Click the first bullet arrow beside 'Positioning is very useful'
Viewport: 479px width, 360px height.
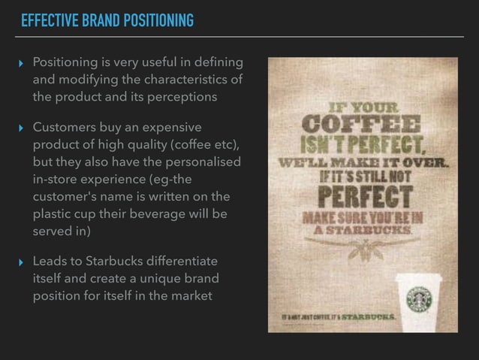(21, 62)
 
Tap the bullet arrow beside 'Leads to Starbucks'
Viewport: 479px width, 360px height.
(21, 262)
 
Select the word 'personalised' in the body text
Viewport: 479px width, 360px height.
(203, 162)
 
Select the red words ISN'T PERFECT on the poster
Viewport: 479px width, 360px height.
(351, 143)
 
